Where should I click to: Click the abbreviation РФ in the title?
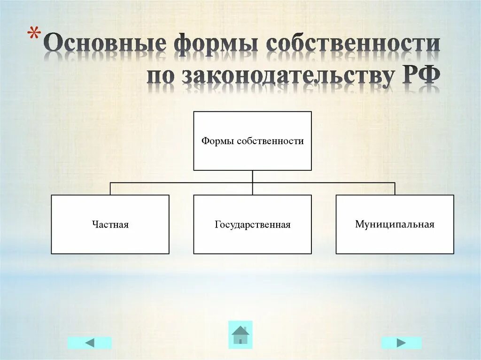419,77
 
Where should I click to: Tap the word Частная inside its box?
110,225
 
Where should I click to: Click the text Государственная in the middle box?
253,225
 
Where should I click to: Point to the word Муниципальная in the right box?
395,224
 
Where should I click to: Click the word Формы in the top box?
218,141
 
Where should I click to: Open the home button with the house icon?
240,335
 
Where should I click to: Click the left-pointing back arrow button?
89,343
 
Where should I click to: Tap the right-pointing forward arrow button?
401,343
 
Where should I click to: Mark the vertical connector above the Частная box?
110,188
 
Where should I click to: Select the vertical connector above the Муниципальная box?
395,188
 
